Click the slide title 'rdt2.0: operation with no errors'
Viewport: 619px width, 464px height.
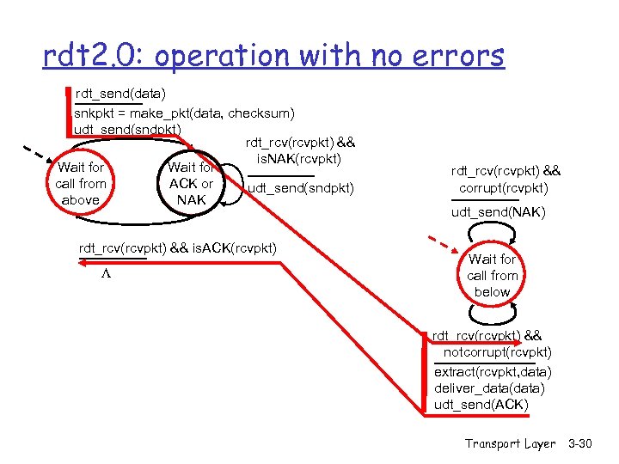coord(273,56)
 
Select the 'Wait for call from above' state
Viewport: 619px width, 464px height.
coord(80,184)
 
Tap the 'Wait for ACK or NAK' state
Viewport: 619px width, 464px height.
coord(191,184)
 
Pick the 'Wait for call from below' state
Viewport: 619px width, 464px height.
coord(492,275)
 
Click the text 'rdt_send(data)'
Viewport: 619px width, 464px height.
coord(121,93)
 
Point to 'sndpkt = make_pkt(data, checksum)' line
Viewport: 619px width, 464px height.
coord(184,113)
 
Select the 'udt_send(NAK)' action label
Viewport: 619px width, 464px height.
coord(498,212)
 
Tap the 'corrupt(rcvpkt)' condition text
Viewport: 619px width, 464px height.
coord(503,188)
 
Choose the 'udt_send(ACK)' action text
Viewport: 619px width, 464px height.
coord(481,404)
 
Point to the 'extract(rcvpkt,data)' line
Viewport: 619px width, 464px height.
coord(493,372)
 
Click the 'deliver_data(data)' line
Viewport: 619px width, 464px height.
coord(489,388)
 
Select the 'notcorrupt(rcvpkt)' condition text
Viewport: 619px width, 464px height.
coord(498,352)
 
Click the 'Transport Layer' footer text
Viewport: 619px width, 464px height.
coord(510,443)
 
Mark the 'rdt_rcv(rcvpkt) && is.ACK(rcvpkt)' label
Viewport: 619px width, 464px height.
coord(178,248)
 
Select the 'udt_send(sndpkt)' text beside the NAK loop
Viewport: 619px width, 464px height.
coord(300,188)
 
